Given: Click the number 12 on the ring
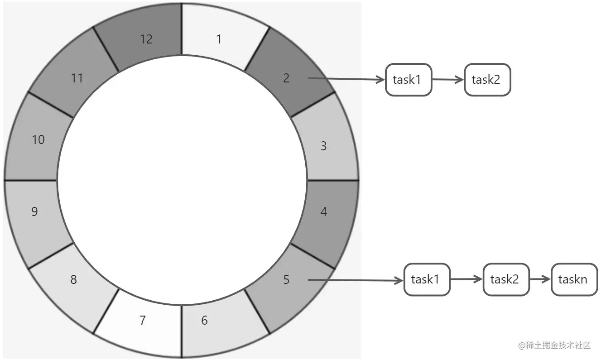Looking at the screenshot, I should [x=146, y=39].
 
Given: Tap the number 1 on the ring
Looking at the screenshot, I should [x=219, y=39].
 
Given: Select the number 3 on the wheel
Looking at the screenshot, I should [x=323, y=146].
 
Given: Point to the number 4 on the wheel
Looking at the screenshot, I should [x=323, y=211].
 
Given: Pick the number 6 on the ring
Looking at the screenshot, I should [x=204, y=321].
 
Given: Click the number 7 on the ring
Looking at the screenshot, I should [x=143, y=321].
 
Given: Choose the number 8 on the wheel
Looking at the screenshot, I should [x=73, y=280].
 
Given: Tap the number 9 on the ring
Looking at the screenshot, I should [x=34, y=211].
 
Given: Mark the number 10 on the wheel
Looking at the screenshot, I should [x=38, y=139].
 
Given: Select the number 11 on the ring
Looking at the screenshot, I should [x=77, y=78].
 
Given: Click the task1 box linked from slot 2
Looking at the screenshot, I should [x=409, y=80].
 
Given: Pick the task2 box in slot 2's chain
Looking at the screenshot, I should [x=487, y=80].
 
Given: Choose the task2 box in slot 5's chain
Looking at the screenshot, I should [x=506, y=279].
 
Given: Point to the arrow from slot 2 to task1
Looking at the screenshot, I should [x=346, y=79].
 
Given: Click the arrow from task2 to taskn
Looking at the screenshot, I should [x=540, y=279].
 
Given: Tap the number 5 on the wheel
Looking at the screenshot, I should [x=286, y=280].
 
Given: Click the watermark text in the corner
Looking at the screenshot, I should [x=555, y=346].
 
